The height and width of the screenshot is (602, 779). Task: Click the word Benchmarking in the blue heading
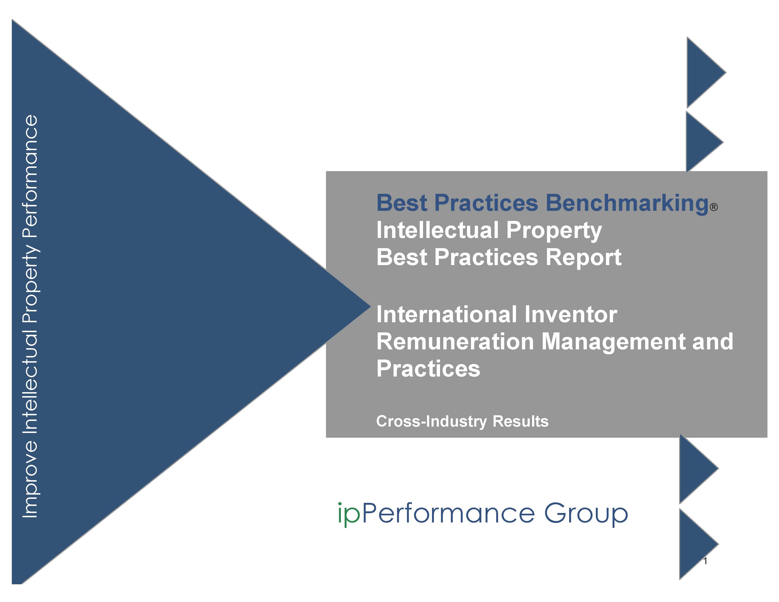click(x=627, y=204)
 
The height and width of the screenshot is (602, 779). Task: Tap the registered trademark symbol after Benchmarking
click(x=713, y=207)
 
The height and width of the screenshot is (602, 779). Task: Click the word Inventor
click(x=571, y=314)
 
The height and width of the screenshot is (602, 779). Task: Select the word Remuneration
click(x=455, y=341)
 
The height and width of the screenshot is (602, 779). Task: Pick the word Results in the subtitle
click(x=521, y=421)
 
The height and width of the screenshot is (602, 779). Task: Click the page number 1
click(x=705, y=561)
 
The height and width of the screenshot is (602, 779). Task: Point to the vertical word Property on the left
click(x=31, y=284)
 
